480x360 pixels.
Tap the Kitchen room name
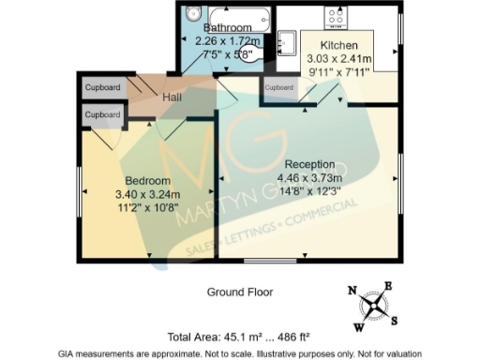[x=338, y=45]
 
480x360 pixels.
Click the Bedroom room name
[x=148, y=181]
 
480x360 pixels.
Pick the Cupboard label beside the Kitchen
[x=279, y=87]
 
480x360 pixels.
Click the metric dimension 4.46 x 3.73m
[x=309, y=178]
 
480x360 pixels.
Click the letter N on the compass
[x=352, y=291]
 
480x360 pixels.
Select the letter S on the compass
[x=394, y=320]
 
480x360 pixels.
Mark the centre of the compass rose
[x=373, y=305]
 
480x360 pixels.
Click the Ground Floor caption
[x=240, y=292]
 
